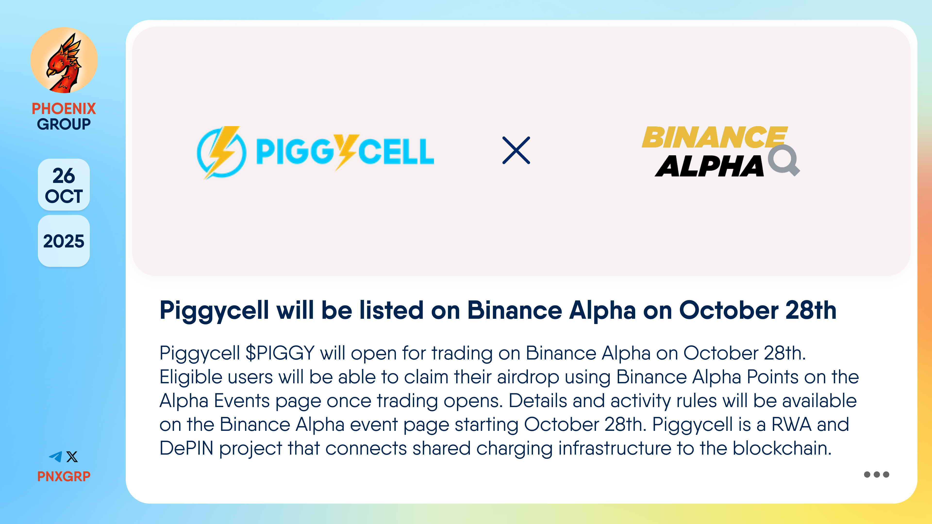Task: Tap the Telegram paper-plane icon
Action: pyautogui.click(x=56, y=457)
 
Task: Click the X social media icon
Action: pyautogui.click(x=72, y=457)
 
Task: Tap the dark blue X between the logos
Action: pyautogui.click(x=516, y=150)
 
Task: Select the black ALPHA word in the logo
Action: pyautogui.click(x=709, y=166)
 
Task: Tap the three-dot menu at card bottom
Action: pyautogui.click(x=876, y=475)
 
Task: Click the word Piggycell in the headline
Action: pyautogui.click(x=214, y=311)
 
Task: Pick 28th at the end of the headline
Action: pyautogui.click(x=811, y=310)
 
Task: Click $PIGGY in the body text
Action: pyautogui.click(x=280, y=353)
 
